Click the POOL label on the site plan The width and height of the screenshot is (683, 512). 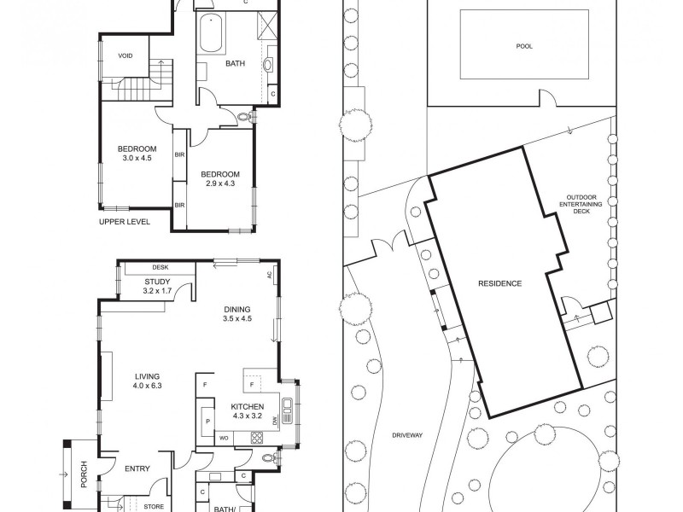tap(524, 46)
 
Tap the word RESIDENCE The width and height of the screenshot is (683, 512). tap(499, 283)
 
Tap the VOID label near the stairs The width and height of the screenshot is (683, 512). tap(126, 56)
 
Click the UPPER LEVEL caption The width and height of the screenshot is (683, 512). tap(125, 221)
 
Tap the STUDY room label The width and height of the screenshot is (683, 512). tap(157, 282)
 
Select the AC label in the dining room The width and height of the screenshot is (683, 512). tap(269, 275)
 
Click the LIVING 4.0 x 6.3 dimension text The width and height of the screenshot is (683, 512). tap(147, 386)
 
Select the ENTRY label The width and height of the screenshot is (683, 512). tap(137, 468)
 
